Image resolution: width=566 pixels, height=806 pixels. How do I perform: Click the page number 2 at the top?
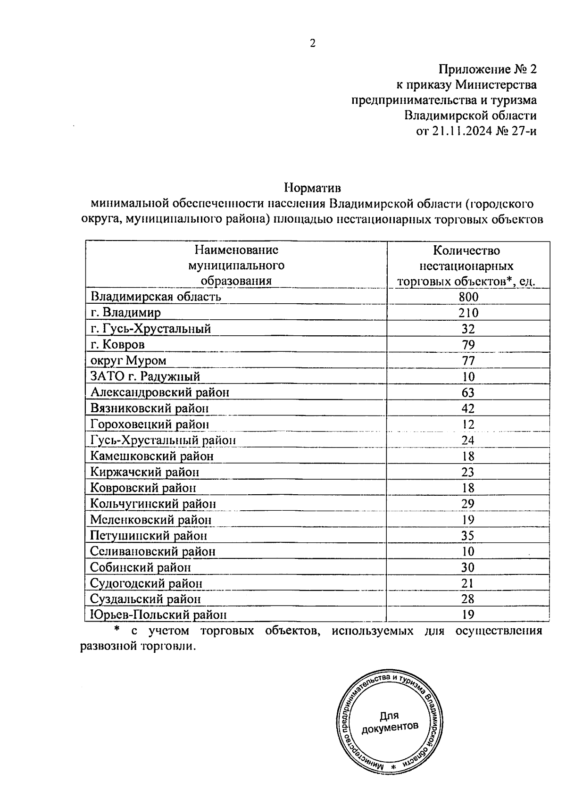pos(312,43)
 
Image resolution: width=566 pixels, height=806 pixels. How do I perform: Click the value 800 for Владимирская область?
pos(468,297)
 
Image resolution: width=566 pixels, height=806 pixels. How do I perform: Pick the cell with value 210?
pos(468,313)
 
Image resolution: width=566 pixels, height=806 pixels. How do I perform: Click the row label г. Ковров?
pos(117,344)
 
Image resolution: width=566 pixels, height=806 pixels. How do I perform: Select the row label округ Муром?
pos(128,360)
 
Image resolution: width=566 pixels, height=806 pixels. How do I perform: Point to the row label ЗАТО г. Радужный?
pos(145,376)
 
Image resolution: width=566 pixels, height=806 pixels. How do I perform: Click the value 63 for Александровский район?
pos(468,392)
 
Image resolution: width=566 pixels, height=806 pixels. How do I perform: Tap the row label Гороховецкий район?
pos(150,424)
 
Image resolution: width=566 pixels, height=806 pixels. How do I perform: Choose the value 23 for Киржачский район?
pos(468,472)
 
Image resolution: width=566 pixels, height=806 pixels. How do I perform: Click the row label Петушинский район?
pos(149,536)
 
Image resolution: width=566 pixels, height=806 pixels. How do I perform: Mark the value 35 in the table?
pos(468,536)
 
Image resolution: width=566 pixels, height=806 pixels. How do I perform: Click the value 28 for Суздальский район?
pos(468,599)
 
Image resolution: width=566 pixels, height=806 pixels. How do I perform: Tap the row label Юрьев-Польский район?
pos(158,615)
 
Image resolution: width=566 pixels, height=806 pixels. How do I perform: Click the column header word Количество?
pos(466,250)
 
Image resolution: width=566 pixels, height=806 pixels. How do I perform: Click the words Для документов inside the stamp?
pos(390,722)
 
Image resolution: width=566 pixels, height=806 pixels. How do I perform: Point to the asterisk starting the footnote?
pos(118,631)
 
